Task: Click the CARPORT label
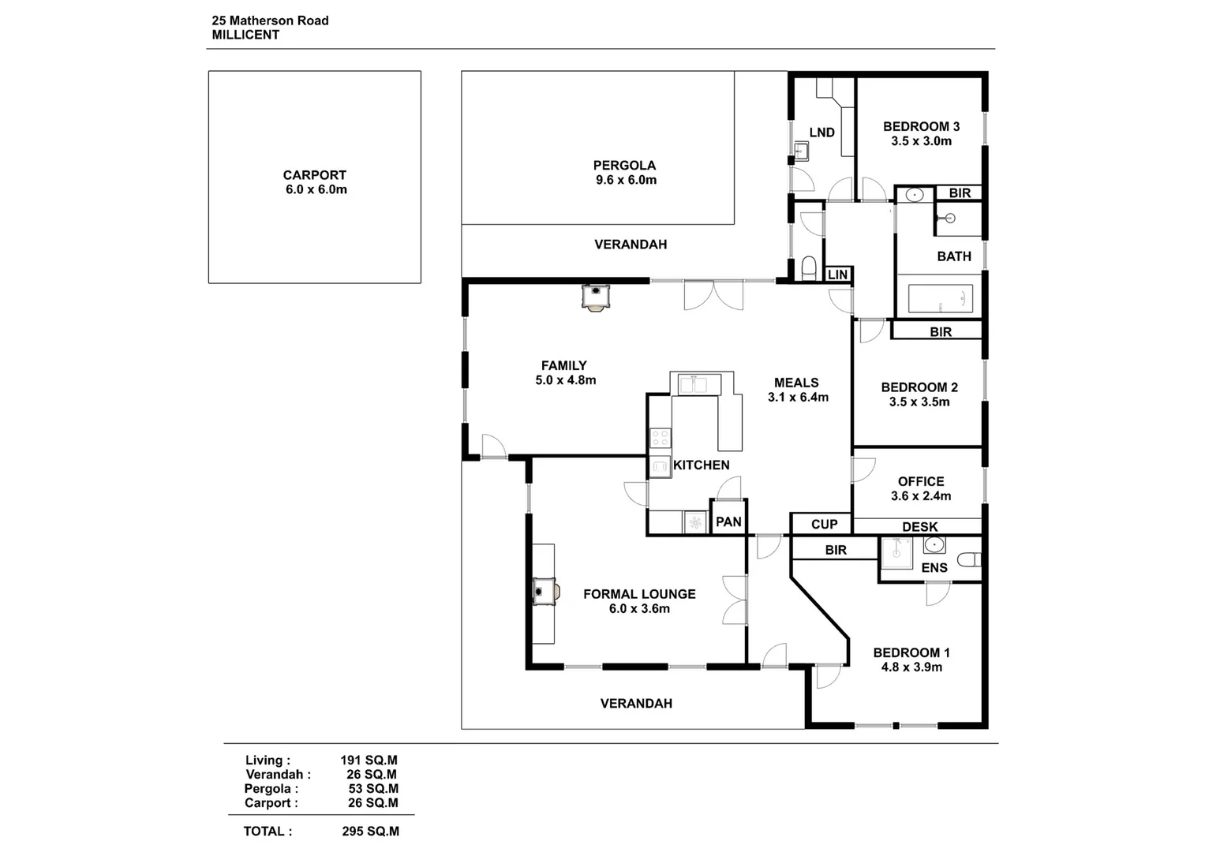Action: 315,175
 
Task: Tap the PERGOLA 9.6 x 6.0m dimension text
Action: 626,180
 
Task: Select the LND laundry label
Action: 822,133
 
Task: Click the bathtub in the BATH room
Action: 941,298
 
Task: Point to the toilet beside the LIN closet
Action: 809,267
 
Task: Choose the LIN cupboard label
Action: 837,275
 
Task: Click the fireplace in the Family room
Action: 596,297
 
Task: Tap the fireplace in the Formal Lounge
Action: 545,591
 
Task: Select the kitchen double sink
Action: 693,385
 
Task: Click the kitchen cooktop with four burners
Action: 660,438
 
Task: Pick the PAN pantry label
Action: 729,521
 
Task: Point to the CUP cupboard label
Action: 825,525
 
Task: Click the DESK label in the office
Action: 920,527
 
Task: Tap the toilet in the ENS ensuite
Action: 971,560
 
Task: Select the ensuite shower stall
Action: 896,552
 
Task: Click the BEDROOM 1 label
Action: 911,653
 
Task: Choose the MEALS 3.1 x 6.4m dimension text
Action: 799,398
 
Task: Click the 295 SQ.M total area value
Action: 371,831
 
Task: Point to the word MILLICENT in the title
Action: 246,35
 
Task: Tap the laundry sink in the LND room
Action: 802,151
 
